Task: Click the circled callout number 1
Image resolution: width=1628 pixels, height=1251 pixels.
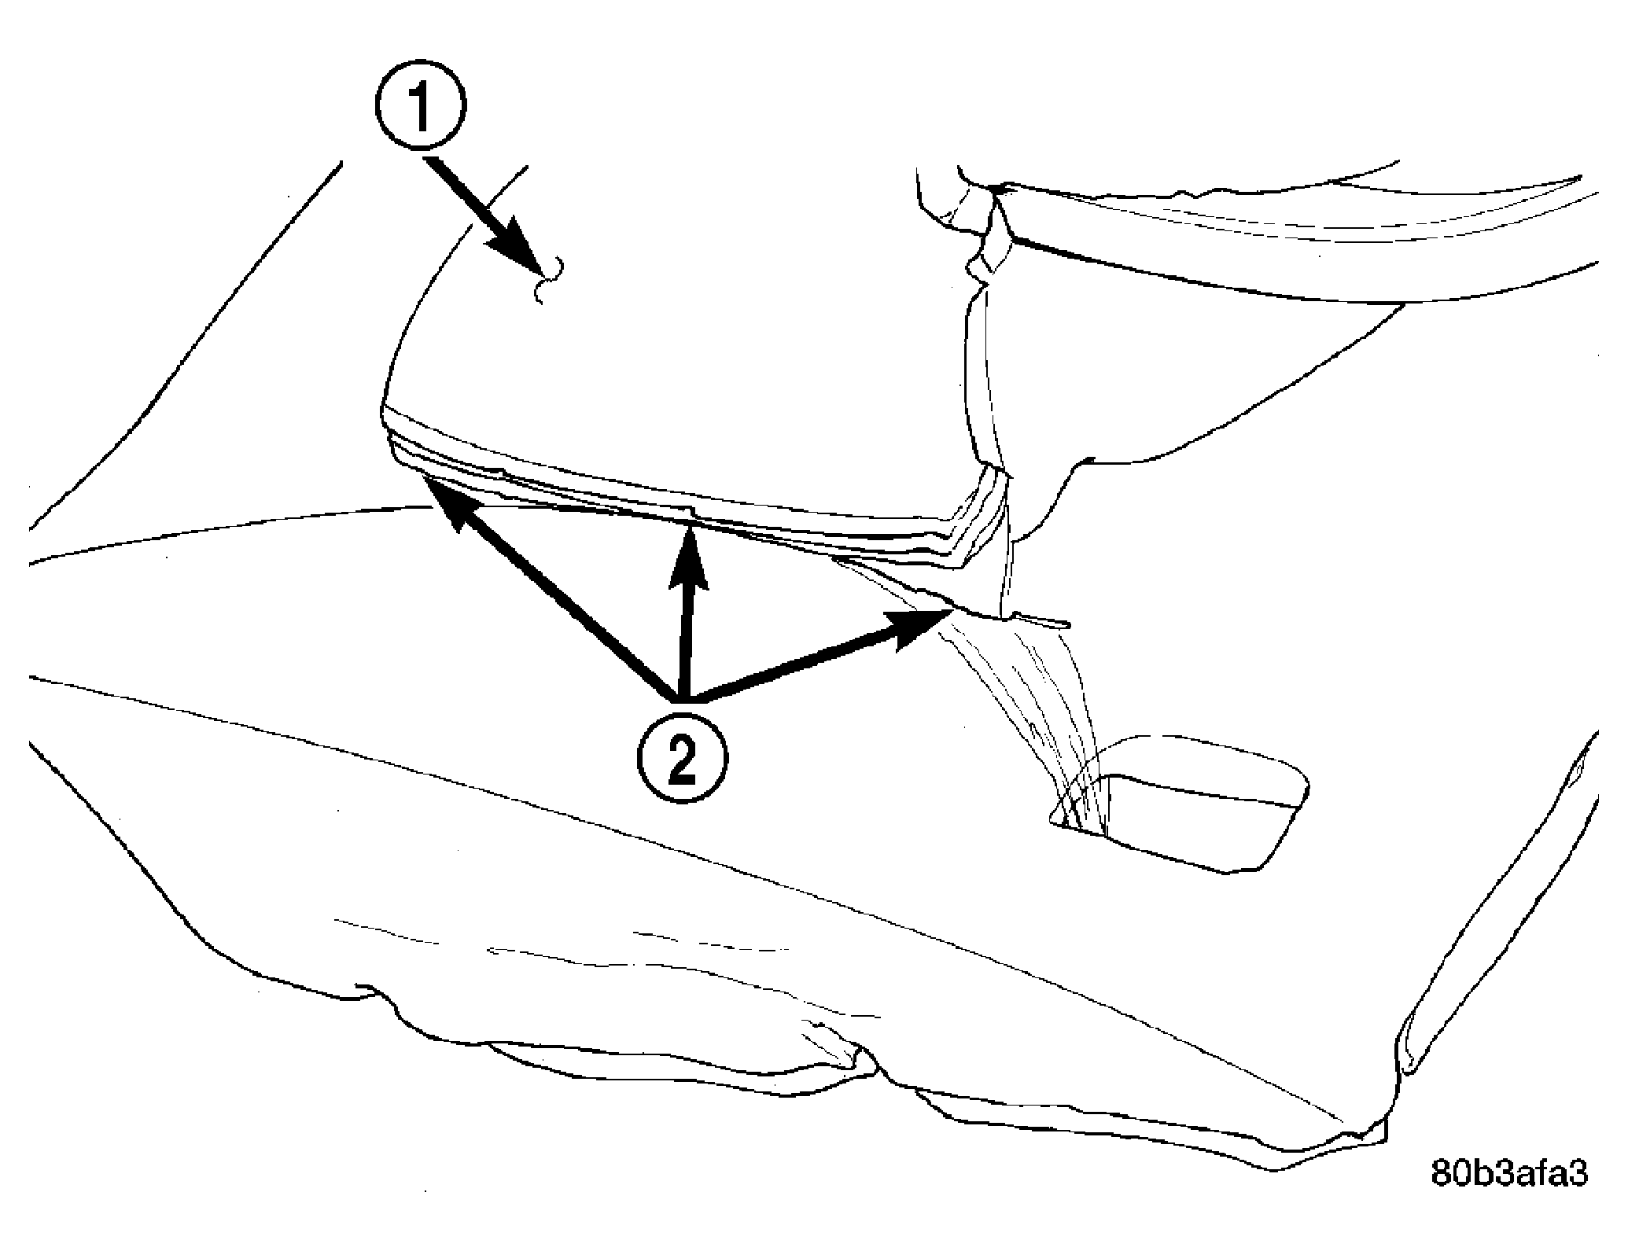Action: click(421, 105)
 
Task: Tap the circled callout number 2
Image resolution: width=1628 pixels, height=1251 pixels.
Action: click(682, 758)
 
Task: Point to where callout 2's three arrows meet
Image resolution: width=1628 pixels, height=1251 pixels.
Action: click(682, 699)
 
